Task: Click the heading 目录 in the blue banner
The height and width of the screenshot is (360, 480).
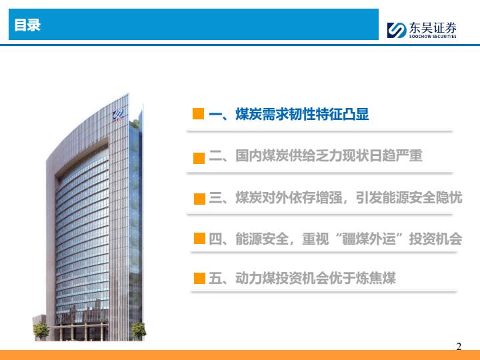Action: click(x=27, y=25)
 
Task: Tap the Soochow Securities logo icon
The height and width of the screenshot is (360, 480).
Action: click(x=397, y=30)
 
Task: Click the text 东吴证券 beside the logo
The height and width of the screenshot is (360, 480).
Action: click(x=433, y=28)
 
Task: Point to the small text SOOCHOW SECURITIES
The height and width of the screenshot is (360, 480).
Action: click(x=433, y=36)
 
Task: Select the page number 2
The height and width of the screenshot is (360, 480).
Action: click(x=459, y=346)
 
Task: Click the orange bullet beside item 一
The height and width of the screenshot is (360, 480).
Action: click(x=199, y=113)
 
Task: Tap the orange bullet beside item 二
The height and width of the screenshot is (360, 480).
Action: click(x=199, y=158)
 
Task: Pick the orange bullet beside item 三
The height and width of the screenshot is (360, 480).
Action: click(x=199, y=199)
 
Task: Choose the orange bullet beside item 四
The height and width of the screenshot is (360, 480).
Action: click(x=199, y=238)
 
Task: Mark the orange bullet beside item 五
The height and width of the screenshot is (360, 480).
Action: click(x=199, y=278)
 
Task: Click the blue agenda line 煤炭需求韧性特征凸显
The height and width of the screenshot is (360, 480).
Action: click(x=302, y=114)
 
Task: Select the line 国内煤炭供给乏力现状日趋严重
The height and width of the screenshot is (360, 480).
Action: click(x=329, y=155)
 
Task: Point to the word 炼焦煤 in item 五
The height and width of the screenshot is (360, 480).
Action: click(x=375, y=278)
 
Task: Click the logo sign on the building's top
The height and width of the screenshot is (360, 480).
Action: click(x=118, y=115)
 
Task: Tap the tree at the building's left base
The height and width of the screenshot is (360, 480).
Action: click(x=41, y=331)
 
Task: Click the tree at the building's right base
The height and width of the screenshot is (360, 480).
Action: click(x=139, y=331)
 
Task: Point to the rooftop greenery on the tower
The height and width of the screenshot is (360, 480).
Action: click(x=135, y=124)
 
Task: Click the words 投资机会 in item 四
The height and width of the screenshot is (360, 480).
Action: click(x=435, y=239)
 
